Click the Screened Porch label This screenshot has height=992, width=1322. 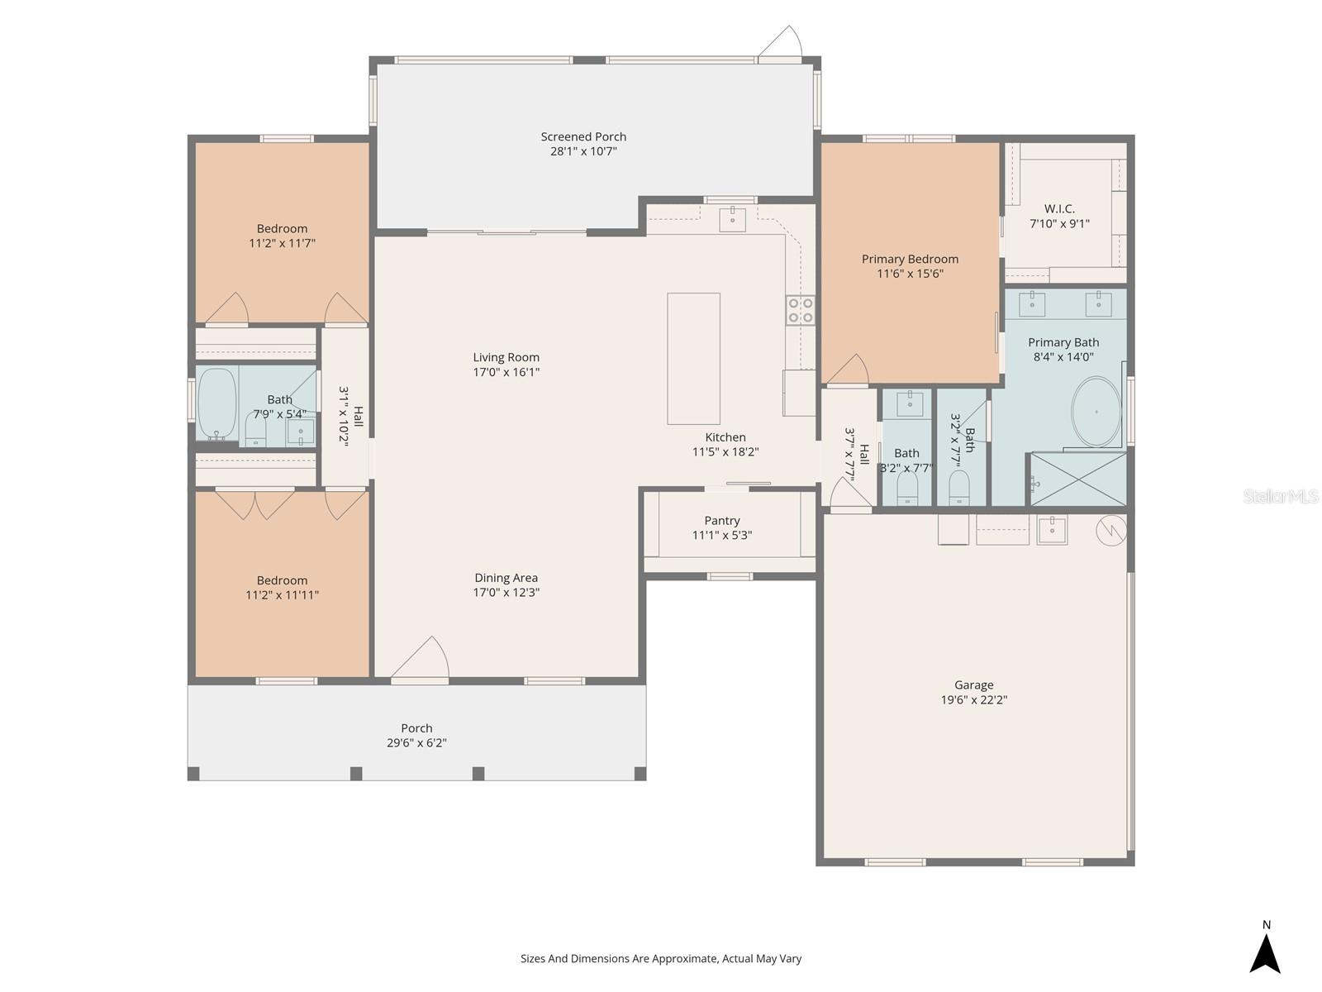583,136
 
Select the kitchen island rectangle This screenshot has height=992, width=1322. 693,359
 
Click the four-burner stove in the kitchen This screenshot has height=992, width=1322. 800,311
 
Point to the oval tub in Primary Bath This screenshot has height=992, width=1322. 1096,412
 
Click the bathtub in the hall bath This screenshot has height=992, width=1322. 216,403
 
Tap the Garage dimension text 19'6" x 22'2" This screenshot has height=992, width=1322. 974,699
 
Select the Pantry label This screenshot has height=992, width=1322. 721,521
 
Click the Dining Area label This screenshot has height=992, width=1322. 506,578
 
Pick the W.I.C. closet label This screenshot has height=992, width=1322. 1059,209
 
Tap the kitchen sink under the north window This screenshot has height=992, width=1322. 732,219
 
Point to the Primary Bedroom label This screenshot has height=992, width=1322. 910,259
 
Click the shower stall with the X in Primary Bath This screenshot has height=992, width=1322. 1078,479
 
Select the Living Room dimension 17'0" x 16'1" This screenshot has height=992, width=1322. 506,372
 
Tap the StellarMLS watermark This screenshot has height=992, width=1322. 1281,496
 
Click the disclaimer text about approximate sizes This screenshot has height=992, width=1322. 661,958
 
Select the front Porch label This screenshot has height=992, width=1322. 416,728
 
